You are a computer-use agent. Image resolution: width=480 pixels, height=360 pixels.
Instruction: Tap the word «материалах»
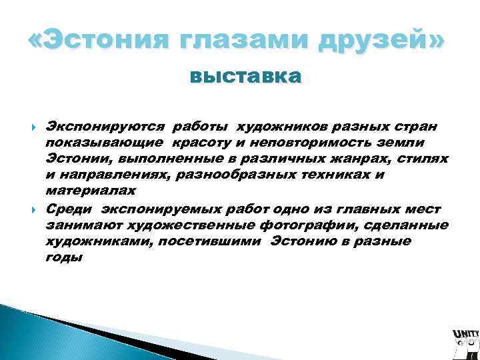tap(91, 191)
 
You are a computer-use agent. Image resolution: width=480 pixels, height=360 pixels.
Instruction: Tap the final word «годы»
tap(64, 257)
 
